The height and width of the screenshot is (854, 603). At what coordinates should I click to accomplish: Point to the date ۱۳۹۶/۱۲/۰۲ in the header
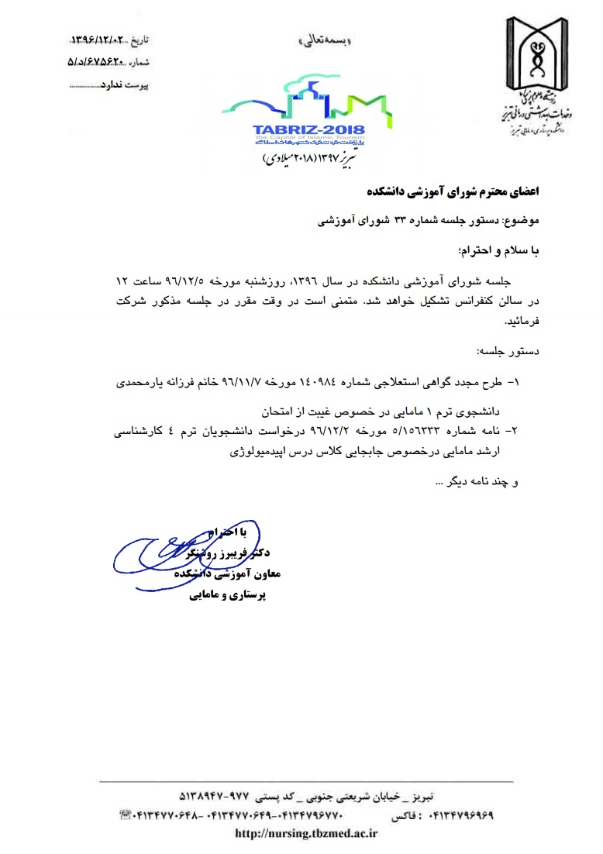click(102, 38)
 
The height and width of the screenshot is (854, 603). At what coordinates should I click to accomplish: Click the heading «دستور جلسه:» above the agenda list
click(505, 350)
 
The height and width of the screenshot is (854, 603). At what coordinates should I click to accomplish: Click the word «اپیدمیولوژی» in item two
click(260, 453)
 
